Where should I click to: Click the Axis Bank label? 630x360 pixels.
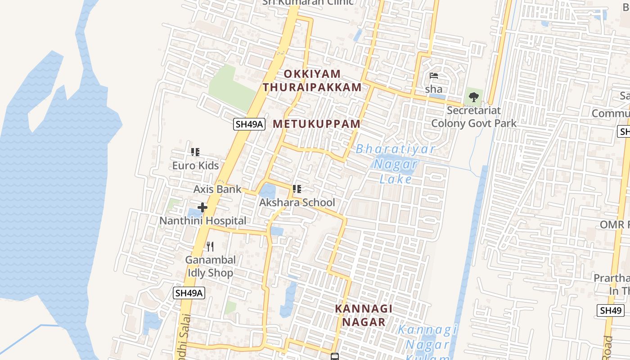[217, 189]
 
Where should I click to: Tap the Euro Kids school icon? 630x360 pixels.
[195, 152]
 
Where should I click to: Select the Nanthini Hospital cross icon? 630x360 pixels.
[202, 207]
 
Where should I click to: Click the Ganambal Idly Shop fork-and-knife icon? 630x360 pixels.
[210, 246]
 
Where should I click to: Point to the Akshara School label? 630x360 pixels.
[297, 202]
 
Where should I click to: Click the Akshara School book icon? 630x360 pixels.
[297, 189]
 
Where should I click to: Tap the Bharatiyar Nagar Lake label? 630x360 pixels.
[396, 164]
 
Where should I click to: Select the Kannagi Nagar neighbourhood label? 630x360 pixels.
[364, 315]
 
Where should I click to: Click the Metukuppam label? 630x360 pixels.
[317, 124]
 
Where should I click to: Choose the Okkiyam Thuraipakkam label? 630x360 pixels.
[312, 81]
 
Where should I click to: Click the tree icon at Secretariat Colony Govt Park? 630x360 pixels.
[473, 97]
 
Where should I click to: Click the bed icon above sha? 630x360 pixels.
[434, 76]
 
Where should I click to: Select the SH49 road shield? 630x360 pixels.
[611, 310]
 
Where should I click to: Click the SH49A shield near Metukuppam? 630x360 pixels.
[249, 124]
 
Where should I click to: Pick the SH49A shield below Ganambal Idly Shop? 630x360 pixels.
[189, 293]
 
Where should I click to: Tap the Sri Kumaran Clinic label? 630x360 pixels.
[308, 2]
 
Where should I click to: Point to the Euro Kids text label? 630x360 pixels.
[195, 166]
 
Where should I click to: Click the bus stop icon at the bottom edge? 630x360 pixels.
[334, 357]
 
